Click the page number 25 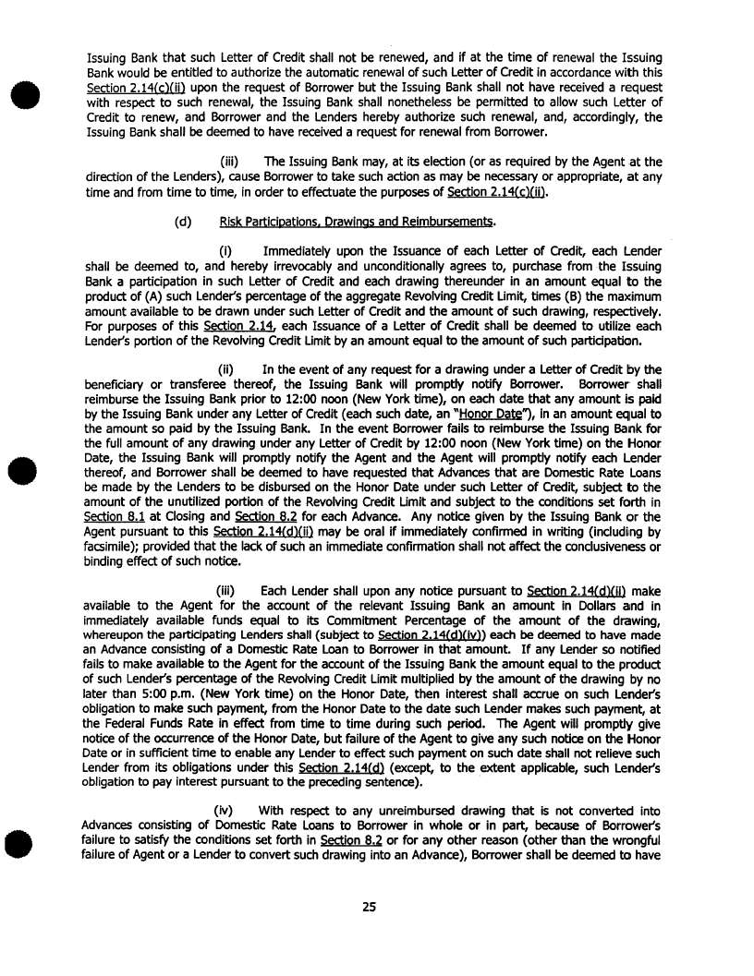pyautogui.click(x=369, y=907)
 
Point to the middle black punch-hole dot pyautogui.click(x=20, y=474)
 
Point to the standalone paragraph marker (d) pyautogui.click(x=183, y=222)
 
